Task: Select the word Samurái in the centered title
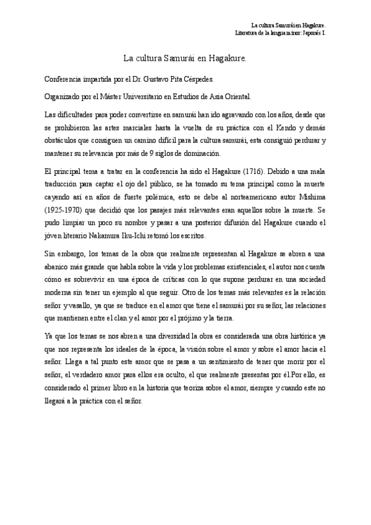pos(181,59)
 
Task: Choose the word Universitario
pos(166,97)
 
